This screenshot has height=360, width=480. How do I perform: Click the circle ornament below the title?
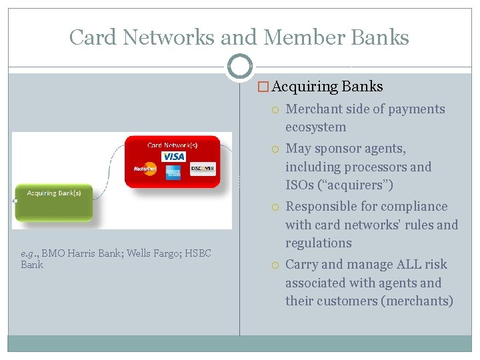tap(239, 67)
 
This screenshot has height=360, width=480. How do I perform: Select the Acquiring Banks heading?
tap(327, 87)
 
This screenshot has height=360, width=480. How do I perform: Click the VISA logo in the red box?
tap(174, 156)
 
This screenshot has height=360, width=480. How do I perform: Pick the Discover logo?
tap(203, 169)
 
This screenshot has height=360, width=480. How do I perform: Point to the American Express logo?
tap(174, 171)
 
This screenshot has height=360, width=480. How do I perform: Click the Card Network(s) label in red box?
tap(173, 144)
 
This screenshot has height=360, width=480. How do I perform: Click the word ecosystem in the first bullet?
tap(315, 127)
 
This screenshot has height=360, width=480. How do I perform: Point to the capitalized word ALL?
tap(408, 265)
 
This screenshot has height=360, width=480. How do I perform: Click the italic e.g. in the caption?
tap(29, 254)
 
